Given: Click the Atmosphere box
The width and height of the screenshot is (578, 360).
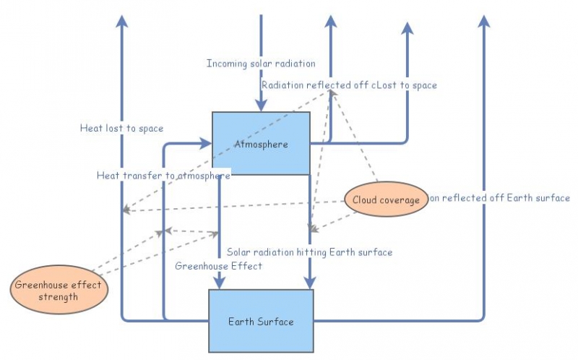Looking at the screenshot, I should click(x=261, y=143).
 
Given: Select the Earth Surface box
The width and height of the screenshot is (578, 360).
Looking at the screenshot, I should click(x=261, y=320).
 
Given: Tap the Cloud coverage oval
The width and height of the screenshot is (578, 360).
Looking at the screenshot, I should click(x=385, y=200).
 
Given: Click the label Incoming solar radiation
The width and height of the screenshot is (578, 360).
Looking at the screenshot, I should click(x=261, y=64).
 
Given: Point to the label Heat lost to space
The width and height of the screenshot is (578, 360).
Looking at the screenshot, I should click(x=121, y=128).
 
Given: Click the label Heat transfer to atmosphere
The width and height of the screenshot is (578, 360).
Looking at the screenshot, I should click(x=164, y=176).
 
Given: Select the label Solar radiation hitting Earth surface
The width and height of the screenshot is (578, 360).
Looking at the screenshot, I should click(x=309, y=252).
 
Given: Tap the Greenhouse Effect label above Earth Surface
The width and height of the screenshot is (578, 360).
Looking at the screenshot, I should click(x=218, y=266).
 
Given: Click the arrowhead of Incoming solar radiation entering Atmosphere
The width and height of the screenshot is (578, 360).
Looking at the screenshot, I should click(x=261, y=106).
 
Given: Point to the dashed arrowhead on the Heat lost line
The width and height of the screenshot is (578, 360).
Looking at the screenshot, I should click(x=126, y=210).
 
